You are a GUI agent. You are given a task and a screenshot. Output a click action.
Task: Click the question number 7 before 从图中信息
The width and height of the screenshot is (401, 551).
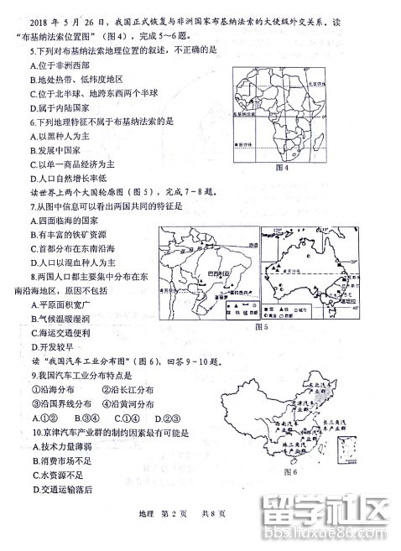click(x=33, y=205)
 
